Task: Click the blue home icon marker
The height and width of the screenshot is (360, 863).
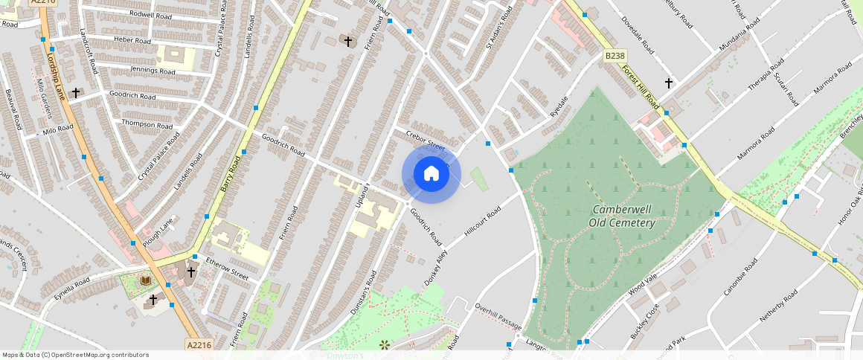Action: click(x=431, y=175)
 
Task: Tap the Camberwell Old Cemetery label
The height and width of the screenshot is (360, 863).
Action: click(x=622, y=216)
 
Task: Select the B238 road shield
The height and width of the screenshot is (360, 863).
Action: click(x=614, y=56)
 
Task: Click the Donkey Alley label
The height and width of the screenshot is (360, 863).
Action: click(x=436, y=267)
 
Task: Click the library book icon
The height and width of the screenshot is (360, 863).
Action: click(x=145, y=280)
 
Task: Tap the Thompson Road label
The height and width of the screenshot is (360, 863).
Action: click(x=147, y=124)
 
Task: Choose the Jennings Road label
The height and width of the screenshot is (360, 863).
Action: click(x=153, y=71)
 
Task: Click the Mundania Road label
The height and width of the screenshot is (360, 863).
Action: click(x=739, y=36)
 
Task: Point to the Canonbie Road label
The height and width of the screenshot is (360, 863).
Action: click(x=740, y=277)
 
